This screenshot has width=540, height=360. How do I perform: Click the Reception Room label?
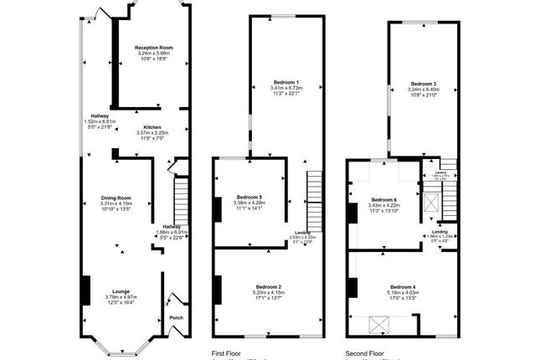[x=153, y=48]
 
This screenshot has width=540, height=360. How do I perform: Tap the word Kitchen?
[x=152, y=127]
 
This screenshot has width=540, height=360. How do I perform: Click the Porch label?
[x=176, y=317]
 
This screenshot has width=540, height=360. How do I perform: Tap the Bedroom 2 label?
[x=268, y=285]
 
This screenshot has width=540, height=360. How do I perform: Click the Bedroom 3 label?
[x=423, y=83]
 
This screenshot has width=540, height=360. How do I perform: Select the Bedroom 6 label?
[x=384, y=199]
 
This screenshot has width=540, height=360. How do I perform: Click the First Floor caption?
[x=227, y=353]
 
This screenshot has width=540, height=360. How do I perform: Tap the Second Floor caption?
[x=366, y=353]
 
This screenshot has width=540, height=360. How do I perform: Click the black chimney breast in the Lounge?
[x=85, y=291]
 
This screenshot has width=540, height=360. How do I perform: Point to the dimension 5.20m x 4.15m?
[x=268, y=291]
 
